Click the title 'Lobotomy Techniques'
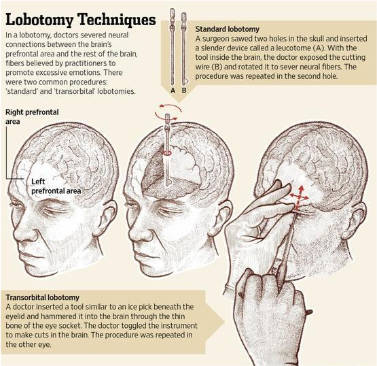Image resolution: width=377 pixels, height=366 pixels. point(81,20)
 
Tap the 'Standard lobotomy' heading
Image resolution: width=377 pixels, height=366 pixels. point(227,29)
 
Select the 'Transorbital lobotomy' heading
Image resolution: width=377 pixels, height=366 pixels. point(43,297)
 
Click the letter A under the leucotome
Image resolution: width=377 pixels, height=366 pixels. point(173,90)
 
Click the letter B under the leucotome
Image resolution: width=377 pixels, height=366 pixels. point(184,90)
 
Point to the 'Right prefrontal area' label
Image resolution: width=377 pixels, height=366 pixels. point(32,116)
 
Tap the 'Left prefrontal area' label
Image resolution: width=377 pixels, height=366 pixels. point(56,186)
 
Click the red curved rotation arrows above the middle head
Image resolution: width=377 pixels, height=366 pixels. point(168,112)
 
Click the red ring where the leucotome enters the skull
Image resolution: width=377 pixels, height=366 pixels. point(167,152)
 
